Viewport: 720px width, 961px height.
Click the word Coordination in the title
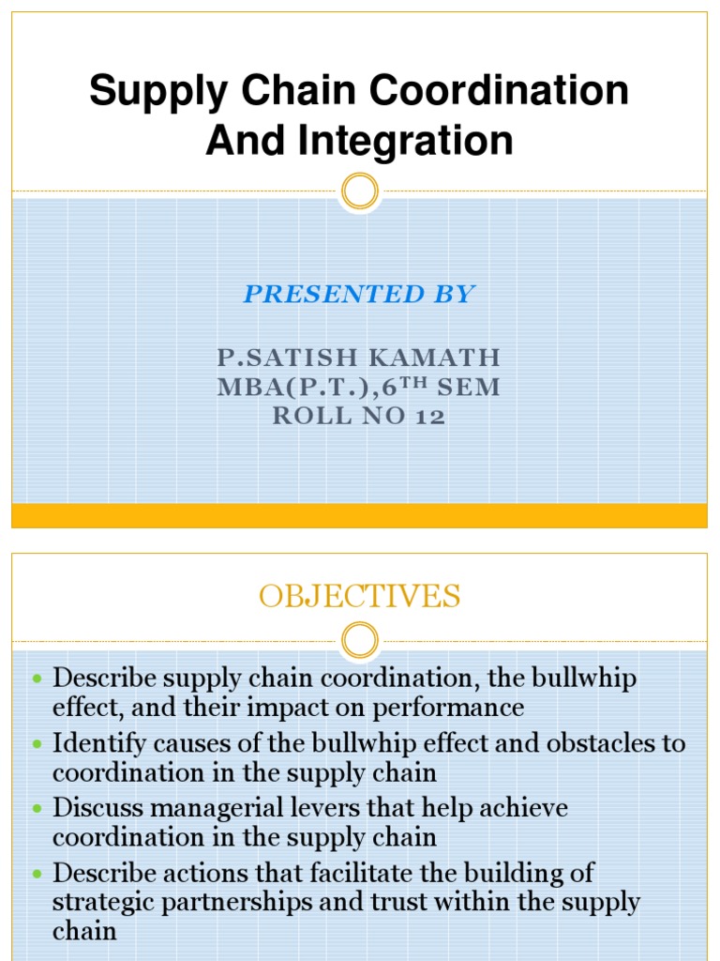(x=499, y=91)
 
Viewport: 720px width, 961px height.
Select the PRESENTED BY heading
(x=359, y=295)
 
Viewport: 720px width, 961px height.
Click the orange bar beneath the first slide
(x=359, y=515)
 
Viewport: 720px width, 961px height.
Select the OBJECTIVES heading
(x=359, y=597)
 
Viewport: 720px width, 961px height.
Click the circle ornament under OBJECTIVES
(x=359, y=641)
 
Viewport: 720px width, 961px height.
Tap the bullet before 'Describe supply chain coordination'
(x=37, y=678)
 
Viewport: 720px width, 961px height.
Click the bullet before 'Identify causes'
(x=37, y=744)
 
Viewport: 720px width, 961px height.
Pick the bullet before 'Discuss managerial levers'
(x=37, y=808)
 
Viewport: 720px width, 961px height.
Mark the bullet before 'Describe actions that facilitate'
(x=37, y=873)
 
